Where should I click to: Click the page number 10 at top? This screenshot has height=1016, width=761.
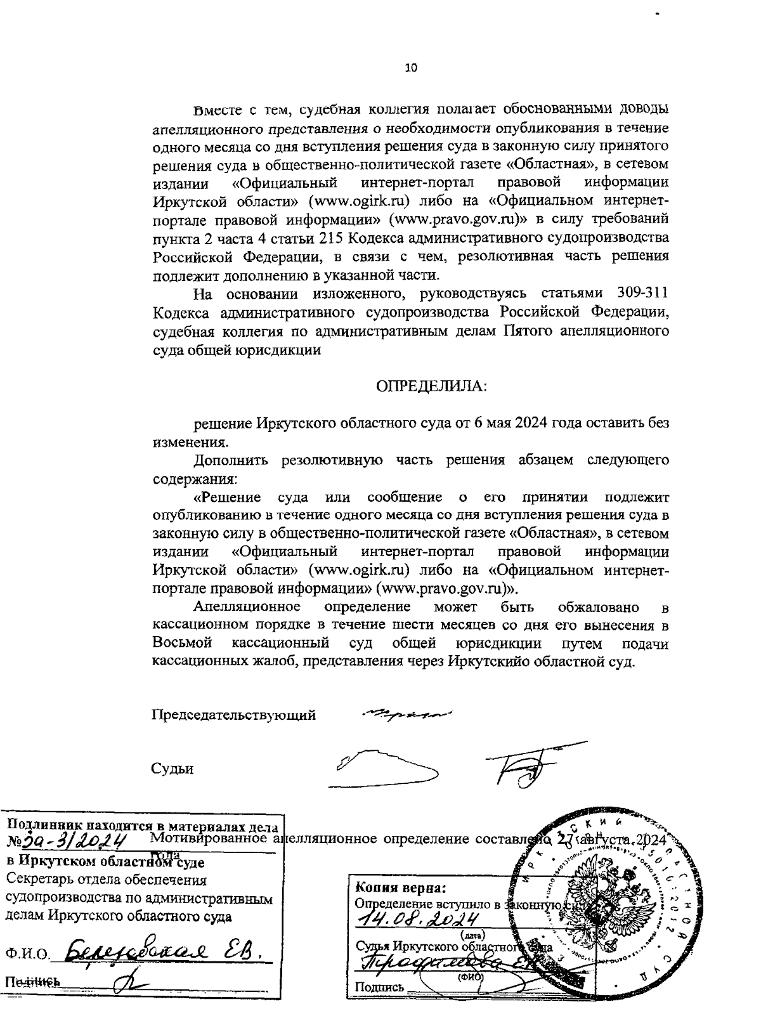click(411, 68)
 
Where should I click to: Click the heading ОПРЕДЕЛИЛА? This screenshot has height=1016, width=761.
click(432, 386)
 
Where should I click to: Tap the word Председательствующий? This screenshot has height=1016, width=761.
click(233, 715)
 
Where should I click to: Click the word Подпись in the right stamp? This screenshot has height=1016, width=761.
click(379, 987)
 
